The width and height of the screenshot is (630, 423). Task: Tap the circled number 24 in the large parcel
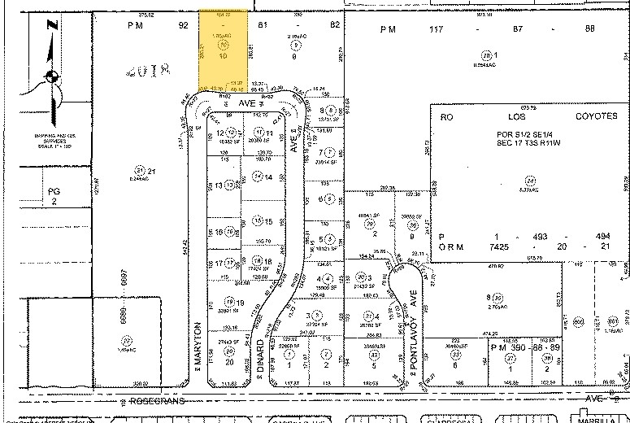click(532, 180)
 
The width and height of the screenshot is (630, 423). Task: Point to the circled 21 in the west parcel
click(140, 170)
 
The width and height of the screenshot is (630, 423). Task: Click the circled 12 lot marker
click(230, 133)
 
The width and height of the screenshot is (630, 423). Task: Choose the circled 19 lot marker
click(230, 303)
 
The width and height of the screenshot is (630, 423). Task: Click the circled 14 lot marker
click(258, 177)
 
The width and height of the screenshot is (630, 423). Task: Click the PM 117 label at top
click(394, 29)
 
